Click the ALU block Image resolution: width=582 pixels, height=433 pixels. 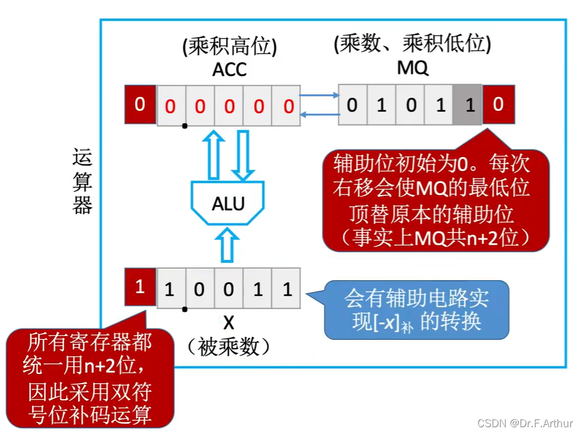(228, 203)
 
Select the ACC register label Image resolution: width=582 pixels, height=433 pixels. (229, 69)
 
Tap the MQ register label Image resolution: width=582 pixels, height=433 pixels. (412, 68)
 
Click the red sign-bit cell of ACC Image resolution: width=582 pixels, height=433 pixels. (140, 105)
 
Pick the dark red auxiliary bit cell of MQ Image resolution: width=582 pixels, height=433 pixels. (498, 105)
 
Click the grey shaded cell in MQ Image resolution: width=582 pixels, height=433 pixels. (467, 105)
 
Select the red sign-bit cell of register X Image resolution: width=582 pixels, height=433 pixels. (140, 288)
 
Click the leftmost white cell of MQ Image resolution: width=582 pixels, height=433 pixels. (353, 105)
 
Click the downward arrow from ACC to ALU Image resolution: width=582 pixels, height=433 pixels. (242, 155)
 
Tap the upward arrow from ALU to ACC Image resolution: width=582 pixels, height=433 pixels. (214, 153)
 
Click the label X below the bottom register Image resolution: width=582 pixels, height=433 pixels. (228, 323)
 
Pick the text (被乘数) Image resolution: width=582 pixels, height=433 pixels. (228, 347)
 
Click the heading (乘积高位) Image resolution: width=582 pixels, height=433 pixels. (229, 46)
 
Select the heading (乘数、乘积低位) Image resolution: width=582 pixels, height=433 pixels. (412, 45)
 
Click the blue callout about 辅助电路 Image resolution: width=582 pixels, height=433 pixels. (416, 310)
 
